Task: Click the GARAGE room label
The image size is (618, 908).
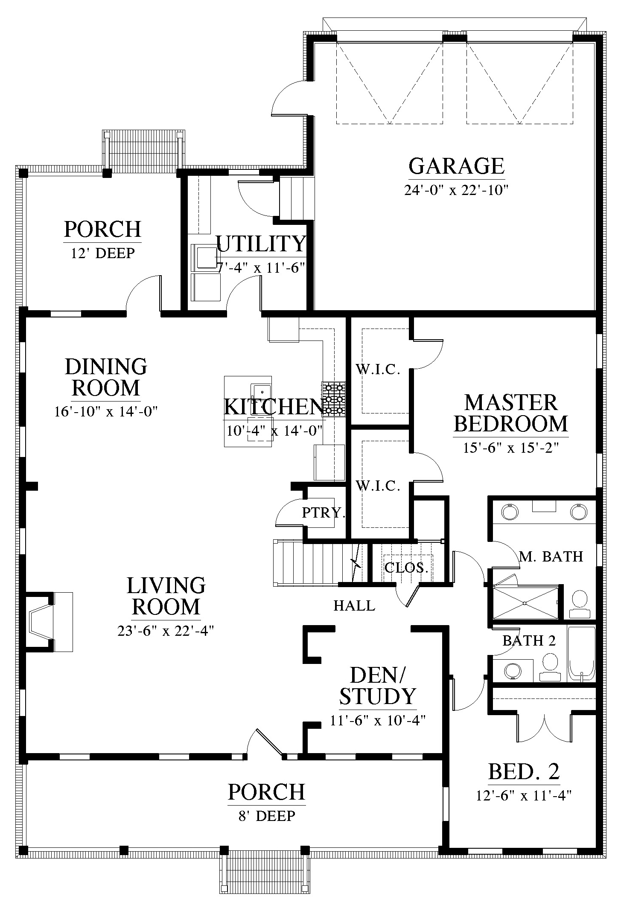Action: [456, 166]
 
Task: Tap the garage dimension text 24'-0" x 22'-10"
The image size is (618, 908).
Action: [456, 190]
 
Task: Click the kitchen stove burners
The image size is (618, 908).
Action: [333, 399]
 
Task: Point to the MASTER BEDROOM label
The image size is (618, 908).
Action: [511, 413]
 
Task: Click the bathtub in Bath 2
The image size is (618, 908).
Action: [581, 654]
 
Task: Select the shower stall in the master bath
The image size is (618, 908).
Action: [525, 602]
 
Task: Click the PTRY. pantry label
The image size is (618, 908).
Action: [323, 512]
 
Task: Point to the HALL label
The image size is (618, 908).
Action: [354, 605]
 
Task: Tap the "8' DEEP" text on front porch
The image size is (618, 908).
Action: [267, 815]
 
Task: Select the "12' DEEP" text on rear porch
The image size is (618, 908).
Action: [103, 253]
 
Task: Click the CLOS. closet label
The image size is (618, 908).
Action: [406, 568]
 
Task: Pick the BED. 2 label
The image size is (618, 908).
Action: [524, 771]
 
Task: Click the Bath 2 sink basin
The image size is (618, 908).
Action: [512, 670]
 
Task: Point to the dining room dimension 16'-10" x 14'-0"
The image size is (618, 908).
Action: [106, 412]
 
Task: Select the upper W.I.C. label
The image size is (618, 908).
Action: [378, 370]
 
